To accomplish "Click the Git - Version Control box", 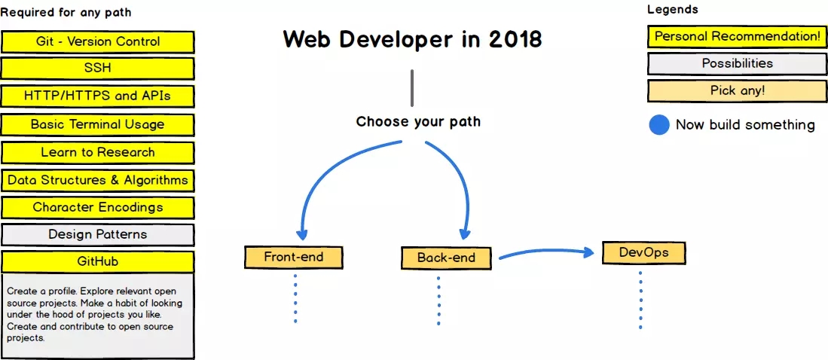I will pos(98,41).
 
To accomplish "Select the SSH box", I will pos(98,69).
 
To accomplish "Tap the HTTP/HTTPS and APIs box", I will pos(98,96).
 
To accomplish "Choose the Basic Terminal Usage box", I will pos(98,124).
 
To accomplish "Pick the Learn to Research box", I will pos(98,152).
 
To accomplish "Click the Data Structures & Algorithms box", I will pos(98,180).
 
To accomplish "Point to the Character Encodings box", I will pos(98,207).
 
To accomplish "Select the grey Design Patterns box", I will pos(98,234).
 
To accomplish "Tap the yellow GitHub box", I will pos(98,261).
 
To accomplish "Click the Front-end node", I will pos(294,257).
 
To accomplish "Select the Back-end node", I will pos(447,258).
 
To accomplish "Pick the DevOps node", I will pos(644,252).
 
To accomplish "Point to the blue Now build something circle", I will pos(659,125).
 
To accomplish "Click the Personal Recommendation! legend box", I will pos(738,36).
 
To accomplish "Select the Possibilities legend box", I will pos(738,63).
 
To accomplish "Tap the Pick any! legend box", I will pos(738,90).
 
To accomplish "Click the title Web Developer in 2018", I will pos(412,39).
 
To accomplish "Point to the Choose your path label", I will pos(418,121).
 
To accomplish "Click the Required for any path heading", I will pos(66,12).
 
